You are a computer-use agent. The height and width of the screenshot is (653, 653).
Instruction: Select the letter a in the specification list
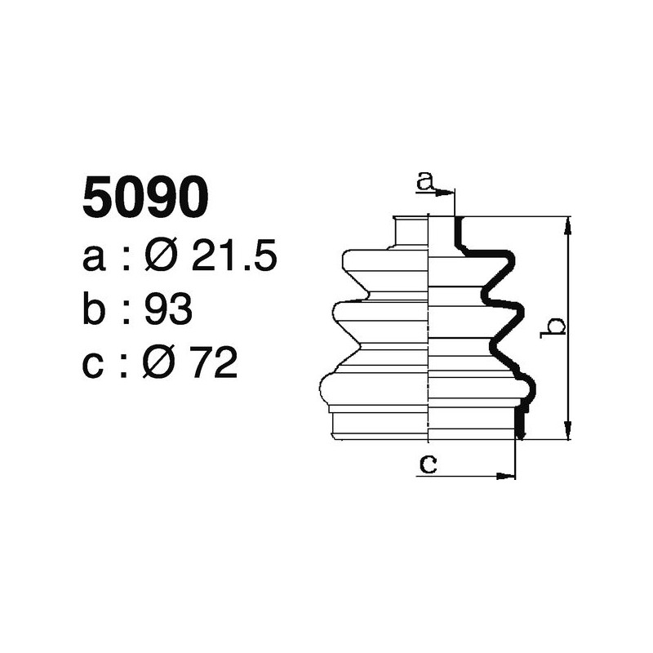tap(96, 259)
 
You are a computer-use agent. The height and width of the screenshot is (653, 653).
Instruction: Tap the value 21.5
tap(235, 258)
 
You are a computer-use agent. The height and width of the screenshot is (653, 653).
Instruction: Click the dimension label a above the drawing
tap(424, 182)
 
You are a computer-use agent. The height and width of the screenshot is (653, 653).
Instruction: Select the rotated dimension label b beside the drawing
tap(554, 326)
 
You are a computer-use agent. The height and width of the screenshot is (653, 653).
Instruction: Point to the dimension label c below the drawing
tap(428, 464)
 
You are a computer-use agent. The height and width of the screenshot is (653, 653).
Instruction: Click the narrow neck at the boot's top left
tap(411, 230)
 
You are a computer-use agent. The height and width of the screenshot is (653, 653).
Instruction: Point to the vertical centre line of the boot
tap(429, 326)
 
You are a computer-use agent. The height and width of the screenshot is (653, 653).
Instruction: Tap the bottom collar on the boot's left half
tap(380, 424)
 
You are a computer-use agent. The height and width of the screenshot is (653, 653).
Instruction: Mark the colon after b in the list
tap(127, 312)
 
